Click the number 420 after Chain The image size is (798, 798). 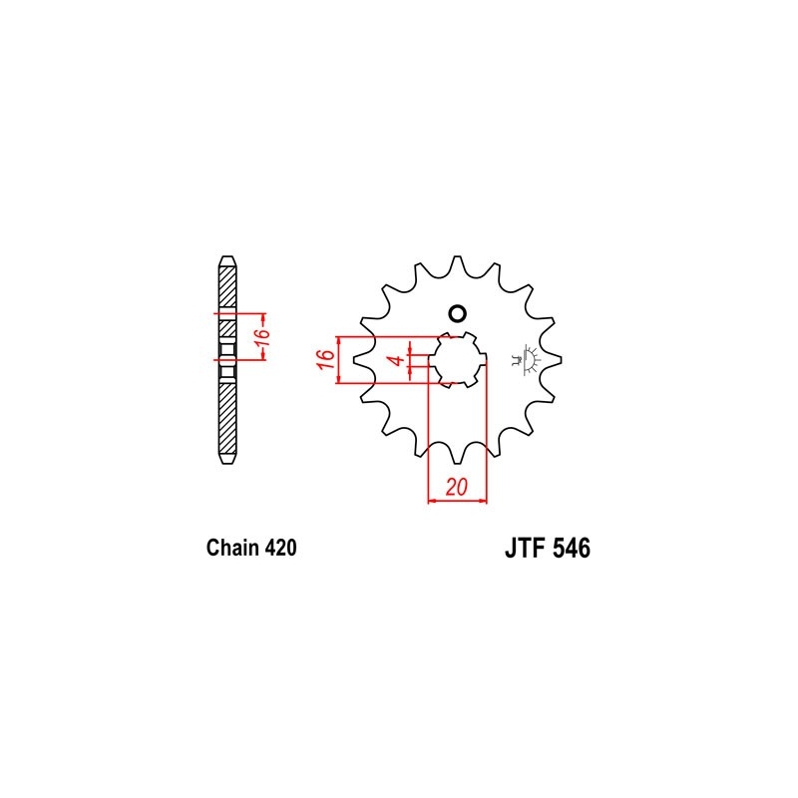278,548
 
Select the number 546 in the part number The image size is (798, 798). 569,550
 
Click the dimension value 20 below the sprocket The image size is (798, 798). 458,487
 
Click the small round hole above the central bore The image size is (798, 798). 457,314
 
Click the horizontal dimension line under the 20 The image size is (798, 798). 458,500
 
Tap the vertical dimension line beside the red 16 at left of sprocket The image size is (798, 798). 341,360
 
